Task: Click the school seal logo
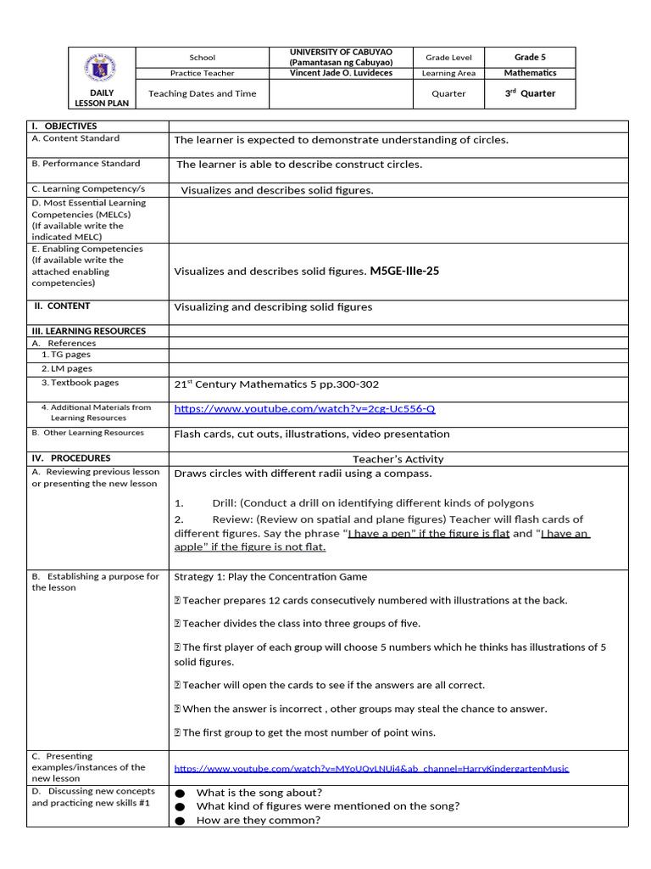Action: click(102, 67)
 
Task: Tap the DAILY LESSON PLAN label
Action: click(102, 98)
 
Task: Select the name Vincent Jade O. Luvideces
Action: click(342, 74)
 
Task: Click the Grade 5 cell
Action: click(530, 57)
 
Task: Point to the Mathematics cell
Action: click(530, 73)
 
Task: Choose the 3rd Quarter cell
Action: click(530, 93)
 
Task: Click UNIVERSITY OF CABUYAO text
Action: click(342, 53)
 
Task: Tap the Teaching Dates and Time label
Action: click(202, 93)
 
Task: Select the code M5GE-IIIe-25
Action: click(404, 272)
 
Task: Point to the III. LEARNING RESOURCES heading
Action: click(88, 331)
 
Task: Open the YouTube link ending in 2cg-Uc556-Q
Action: click(304, 409)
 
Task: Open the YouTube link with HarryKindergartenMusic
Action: click(371, 769)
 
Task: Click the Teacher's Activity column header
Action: click(398, 459)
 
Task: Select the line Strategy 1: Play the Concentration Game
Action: click(270, 577)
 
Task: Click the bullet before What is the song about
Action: click(180, 793)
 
